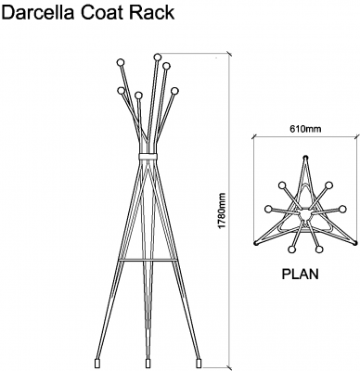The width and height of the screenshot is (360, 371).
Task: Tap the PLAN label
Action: click(x=301, y=275)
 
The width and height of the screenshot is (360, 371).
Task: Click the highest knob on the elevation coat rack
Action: click(x=157, y=58)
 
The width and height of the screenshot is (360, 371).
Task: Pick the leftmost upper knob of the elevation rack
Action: click(x=120, y=63)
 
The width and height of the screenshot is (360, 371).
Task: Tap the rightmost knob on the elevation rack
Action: click(x=174, y=90)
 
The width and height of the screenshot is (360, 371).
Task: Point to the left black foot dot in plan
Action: click(x=256, y=243)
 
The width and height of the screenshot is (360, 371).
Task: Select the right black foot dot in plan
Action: click(x=352, y=243)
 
